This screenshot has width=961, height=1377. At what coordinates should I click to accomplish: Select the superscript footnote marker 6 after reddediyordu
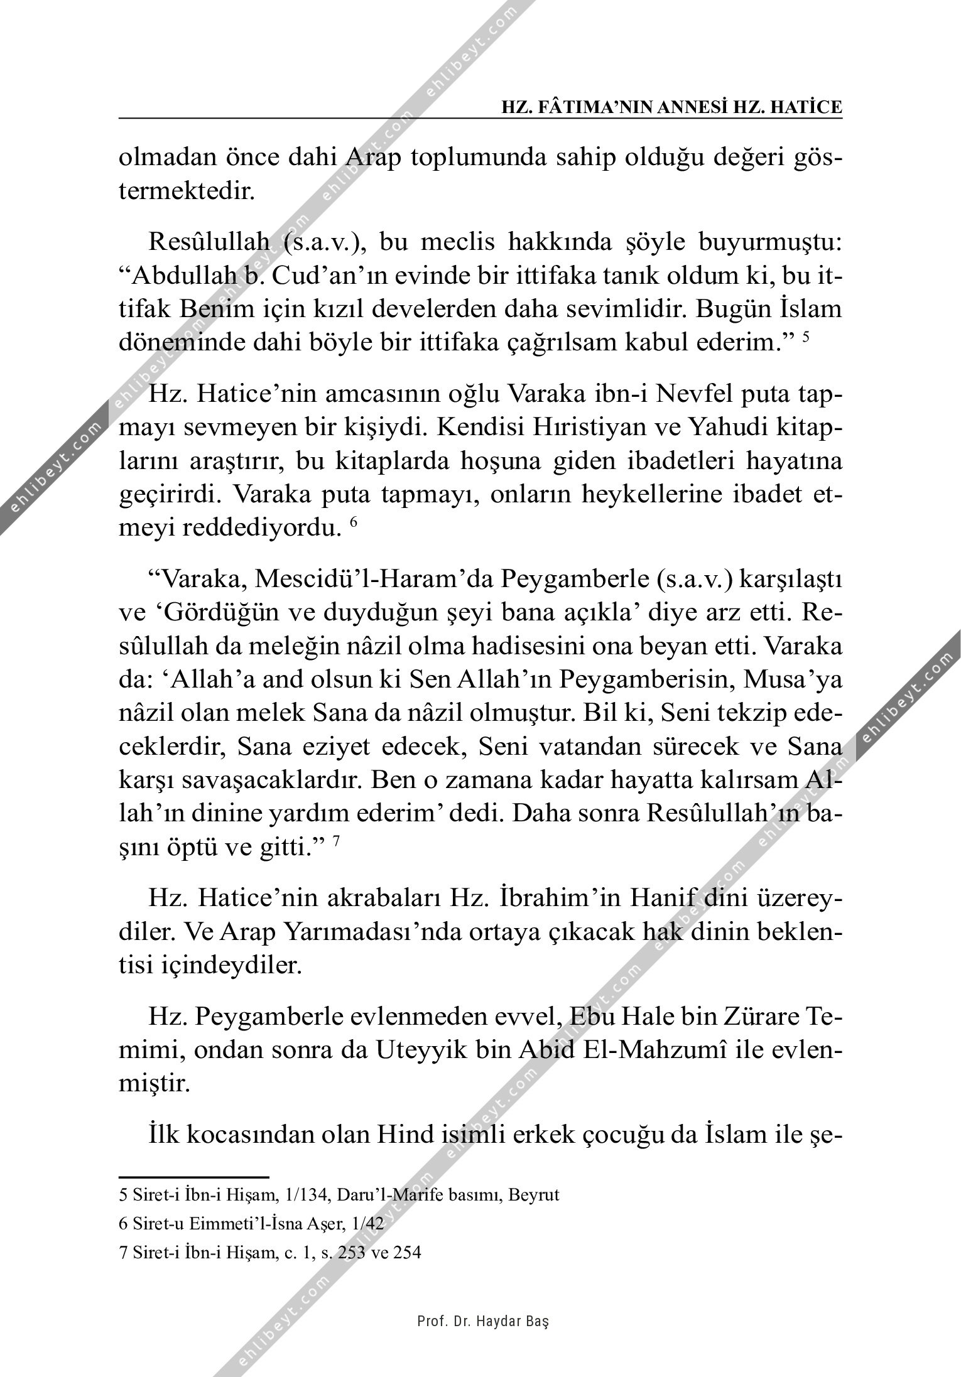click(353, 523)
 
